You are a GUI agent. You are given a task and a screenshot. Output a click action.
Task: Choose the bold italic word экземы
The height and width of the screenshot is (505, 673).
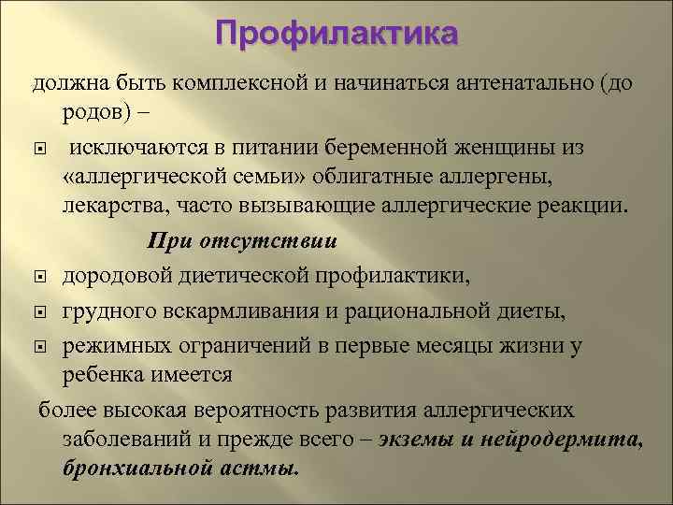(414, 440)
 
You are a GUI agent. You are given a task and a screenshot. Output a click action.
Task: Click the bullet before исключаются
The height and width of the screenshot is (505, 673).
(40, 146)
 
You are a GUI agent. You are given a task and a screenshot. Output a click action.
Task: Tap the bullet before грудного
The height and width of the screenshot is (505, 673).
(40, 310)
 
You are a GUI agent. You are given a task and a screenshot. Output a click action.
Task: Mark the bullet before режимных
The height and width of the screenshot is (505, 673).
(40, 346)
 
